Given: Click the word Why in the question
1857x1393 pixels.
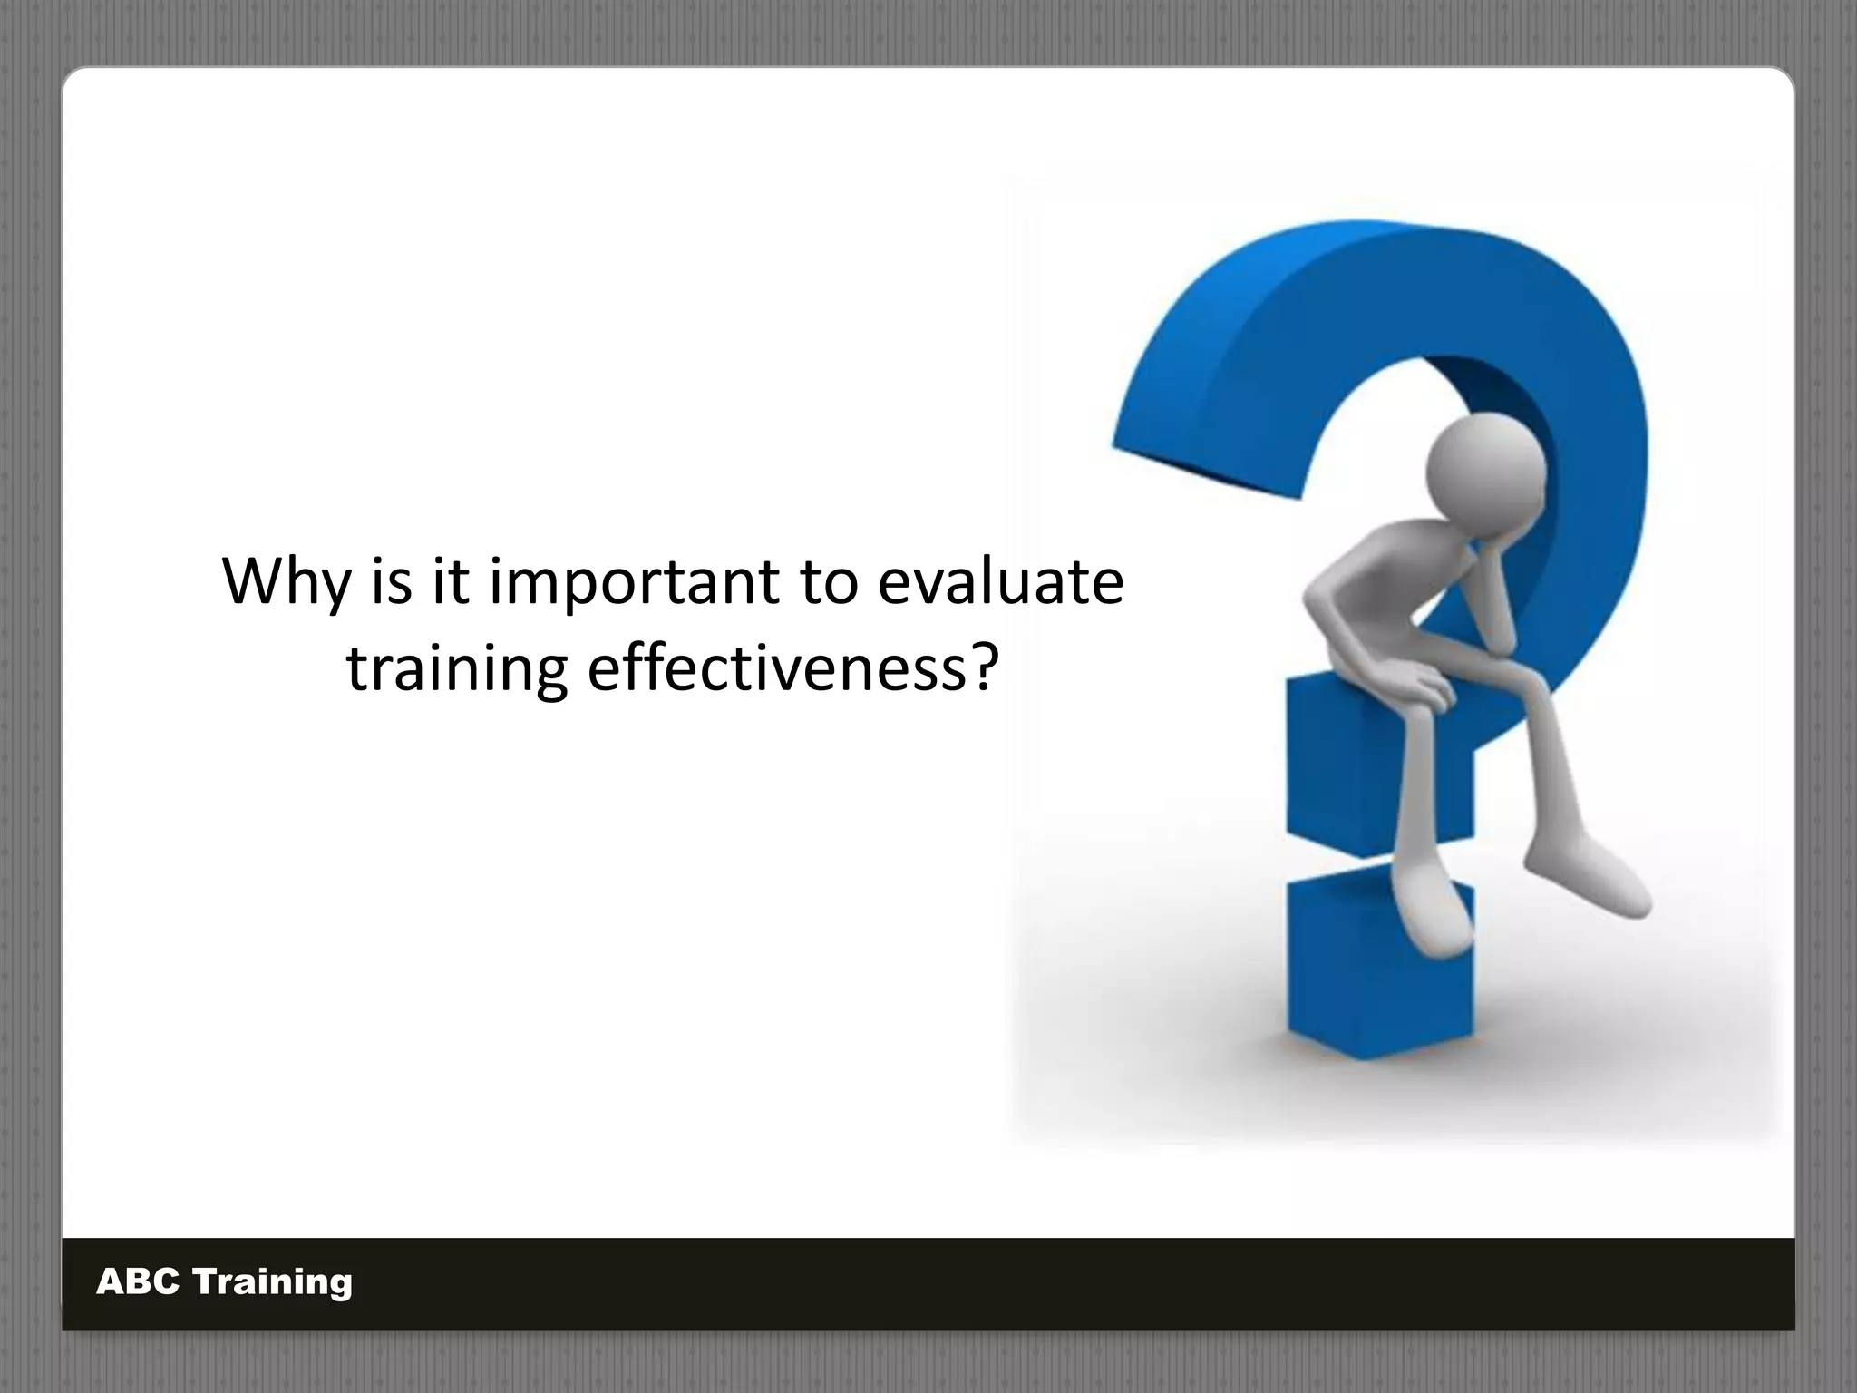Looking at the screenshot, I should (285, 582).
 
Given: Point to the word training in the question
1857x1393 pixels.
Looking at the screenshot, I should (457, 669).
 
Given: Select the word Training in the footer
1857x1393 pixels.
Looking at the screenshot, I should (273, 1282).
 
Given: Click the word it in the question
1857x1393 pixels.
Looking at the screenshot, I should (450, 582).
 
